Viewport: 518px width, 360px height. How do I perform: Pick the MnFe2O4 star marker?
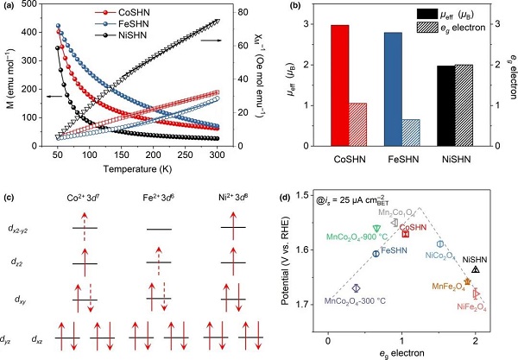click(x=468, y=281)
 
